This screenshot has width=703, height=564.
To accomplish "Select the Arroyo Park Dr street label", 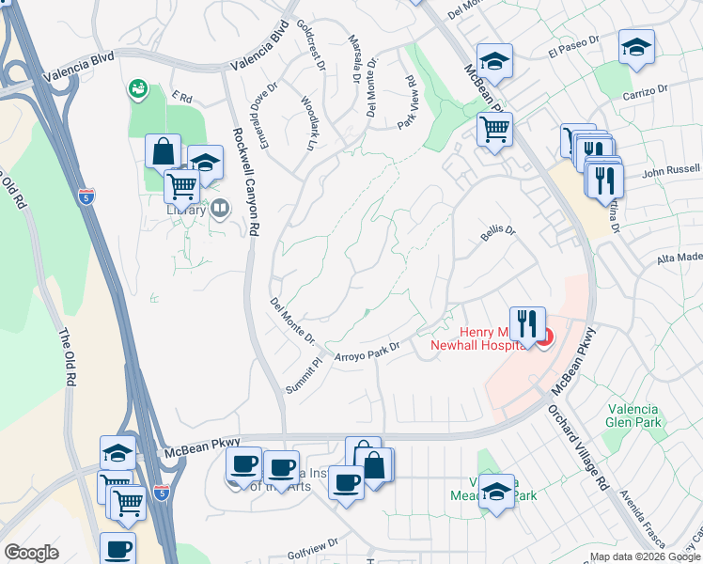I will pos(367,351).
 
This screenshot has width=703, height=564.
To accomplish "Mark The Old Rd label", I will pos(66,357).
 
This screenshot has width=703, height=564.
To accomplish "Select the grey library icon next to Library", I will pos(220,208).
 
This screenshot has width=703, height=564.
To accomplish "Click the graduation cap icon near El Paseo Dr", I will pos(636,47).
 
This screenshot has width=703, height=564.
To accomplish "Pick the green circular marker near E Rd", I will pos(138,88).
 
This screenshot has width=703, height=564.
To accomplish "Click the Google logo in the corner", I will pos(31,553).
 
